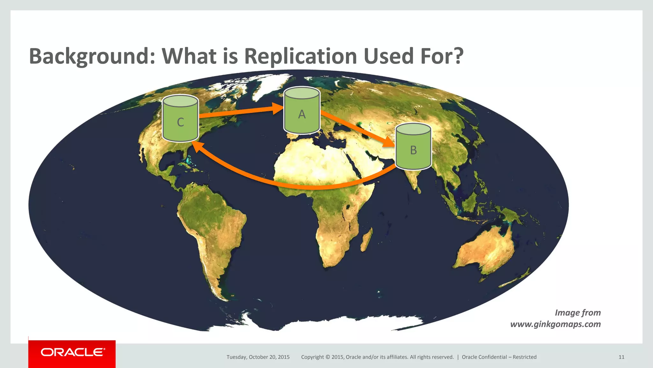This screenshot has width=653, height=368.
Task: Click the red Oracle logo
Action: [72, 353]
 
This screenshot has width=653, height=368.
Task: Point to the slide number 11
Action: [621, 357]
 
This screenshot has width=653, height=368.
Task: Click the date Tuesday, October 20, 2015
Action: [258, 357]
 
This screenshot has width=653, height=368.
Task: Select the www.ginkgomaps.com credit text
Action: [555, 324]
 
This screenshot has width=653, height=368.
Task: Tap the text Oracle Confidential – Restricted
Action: [499, 357]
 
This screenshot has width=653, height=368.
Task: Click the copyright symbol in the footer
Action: [327, 357]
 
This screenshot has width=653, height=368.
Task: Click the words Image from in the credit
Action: [578, 312]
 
